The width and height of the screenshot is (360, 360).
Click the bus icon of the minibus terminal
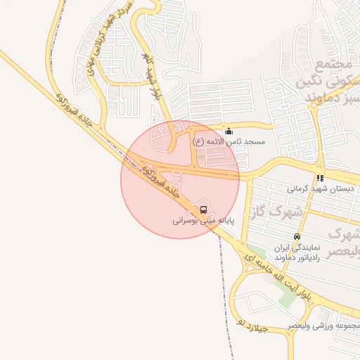pos(203,210)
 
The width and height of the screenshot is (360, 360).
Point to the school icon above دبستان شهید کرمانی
pos(320,178)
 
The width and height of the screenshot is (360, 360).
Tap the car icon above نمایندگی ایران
pos(297,237)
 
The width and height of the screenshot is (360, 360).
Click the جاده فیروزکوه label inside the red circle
pos(161,180)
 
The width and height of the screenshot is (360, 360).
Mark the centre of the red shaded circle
pos(181,179)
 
